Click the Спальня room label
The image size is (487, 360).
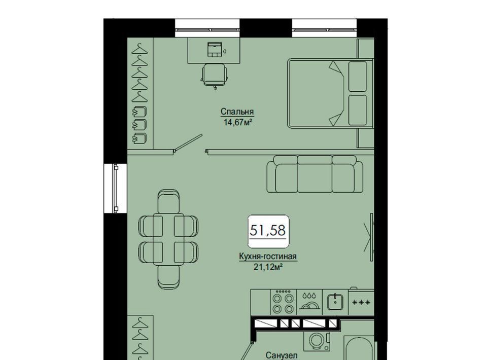point(237,112)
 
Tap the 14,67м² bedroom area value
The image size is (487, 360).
point(237,122)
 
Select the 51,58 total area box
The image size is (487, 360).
point(268,231)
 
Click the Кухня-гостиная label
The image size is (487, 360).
point(268,257)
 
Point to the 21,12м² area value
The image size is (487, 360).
point(268,267)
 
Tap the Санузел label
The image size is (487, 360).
point(282,355)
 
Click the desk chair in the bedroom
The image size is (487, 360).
point(215,76)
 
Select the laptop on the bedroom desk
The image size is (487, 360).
point(215,49)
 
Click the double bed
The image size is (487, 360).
point(330,93)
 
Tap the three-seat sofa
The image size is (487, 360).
point(315,174)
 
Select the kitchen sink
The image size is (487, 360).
point(335,301)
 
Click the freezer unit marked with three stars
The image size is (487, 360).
point(361,302)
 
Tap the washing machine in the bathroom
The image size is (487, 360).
point(317,340)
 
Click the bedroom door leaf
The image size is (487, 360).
point(189,143)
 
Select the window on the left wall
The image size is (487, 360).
point(116,189)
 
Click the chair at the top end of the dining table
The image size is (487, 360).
point(168,201)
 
